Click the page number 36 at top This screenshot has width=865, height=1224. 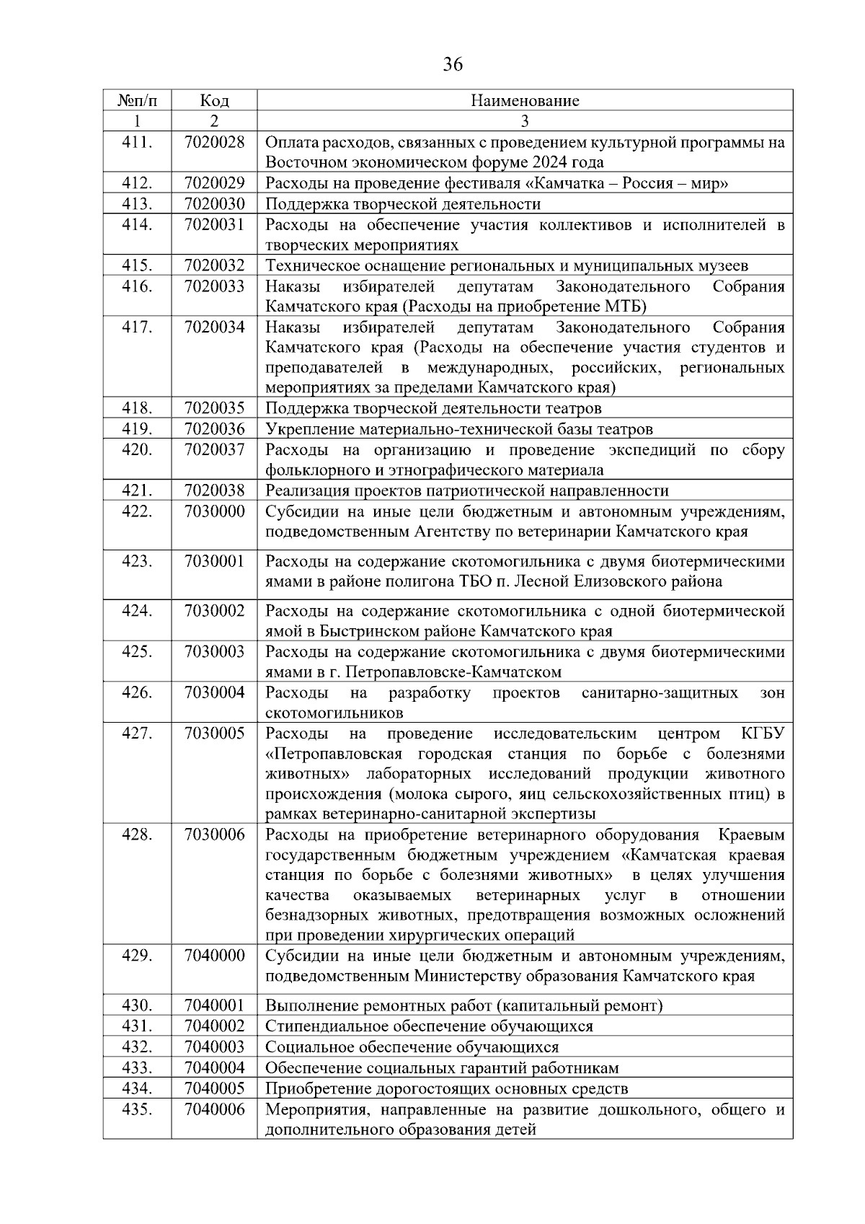coord(452,64)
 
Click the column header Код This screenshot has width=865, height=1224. coord(214,100)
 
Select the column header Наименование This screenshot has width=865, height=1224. coord(525,100)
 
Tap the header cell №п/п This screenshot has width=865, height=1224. coord(137,100)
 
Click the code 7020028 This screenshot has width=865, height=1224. coord(214,142)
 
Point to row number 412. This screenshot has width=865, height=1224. coord(137,183)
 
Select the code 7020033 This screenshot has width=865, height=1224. coord(214,286)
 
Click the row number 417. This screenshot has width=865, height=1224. coord(137,327)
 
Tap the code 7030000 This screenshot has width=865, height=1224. coord(214,511)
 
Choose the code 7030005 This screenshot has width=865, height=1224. coord(214,734)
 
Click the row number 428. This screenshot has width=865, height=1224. coord(137,835)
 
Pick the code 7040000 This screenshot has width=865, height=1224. coord(214,956)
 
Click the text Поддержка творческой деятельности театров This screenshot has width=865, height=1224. coord(433,409)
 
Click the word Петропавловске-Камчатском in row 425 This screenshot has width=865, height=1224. coord(453,672)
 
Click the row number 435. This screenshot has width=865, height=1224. coord(137,1109)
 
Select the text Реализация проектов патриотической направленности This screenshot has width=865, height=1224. coord(467,491)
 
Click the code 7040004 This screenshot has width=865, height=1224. coord(214,1068)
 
